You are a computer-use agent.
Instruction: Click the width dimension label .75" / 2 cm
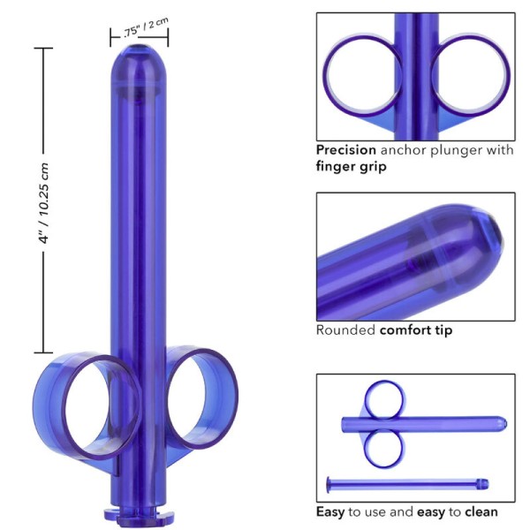(x=140, y=29)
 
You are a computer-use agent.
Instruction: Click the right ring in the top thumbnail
(x=467, y=75)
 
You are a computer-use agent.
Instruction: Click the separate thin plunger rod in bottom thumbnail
(x=406, y=482)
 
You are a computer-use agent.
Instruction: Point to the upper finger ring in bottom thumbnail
(x=386, y=398)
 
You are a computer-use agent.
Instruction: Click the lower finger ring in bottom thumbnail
(x=386, y=448)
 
